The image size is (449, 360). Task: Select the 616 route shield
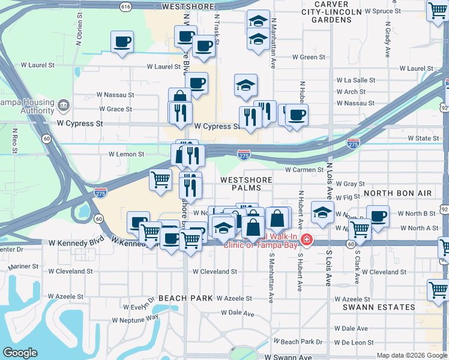125,7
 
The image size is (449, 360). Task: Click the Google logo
20,352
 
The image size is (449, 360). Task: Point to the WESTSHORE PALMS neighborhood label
246,184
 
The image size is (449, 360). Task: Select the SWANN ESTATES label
387,307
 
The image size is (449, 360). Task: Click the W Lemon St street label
126,154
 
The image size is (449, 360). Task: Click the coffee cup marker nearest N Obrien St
122,42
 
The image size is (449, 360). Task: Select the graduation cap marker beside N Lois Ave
322,212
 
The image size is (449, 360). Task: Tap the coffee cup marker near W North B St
378,216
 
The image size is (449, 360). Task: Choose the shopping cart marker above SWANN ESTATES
438,290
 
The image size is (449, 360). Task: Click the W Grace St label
116,109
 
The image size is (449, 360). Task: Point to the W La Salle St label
355,80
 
